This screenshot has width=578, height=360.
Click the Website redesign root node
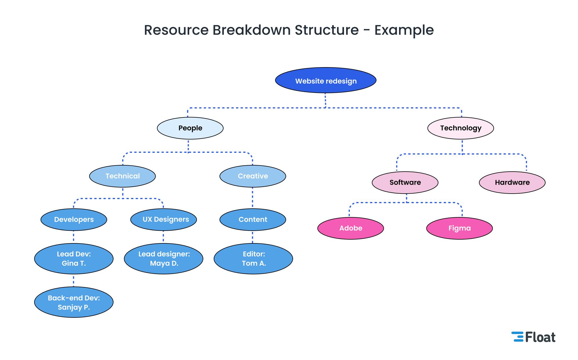(325, 80)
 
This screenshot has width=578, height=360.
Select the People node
(190, 128)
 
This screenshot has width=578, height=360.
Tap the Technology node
(460, 128)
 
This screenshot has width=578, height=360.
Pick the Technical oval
(122, 176)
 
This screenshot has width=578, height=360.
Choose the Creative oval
(253, 176)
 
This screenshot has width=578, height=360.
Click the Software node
(405, 182)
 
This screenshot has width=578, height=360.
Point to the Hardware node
(512, 182)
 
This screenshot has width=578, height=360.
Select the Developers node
(74, 219)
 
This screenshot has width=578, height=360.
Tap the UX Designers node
(163, 219)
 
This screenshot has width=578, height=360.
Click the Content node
(253, 219)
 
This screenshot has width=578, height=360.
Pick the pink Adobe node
(350, 228)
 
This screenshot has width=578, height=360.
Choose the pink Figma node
(459, 228)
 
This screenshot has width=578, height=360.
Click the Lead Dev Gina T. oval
(74, 258)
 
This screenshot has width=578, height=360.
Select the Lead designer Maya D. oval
(163, 258)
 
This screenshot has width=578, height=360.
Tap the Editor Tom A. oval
(253, 258)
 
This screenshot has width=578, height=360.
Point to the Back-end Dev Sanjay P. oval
(74, 302)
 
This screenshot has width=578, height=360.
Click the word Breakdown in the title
(251, 30)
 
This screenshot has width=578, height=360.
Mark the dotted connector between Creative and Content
(253, 198)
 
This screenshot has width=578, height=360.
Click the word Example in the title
(404, 30)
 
